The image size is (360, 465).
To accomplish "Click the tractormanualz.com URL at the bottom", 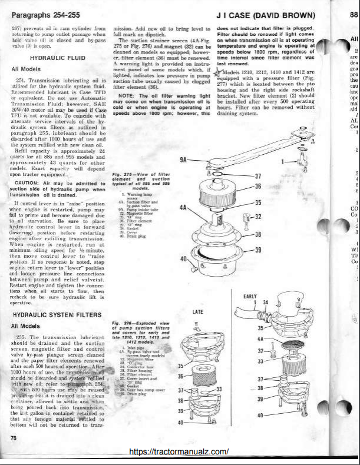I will coord(178,451).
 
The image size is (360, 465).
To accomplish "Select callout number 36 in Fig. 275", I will coord(258,186).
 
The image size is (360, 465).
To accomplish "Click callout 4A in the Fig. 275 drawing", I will coord(183,208).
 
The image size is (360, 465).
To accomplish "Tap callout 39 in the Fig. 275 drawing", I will coord(258,250).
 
